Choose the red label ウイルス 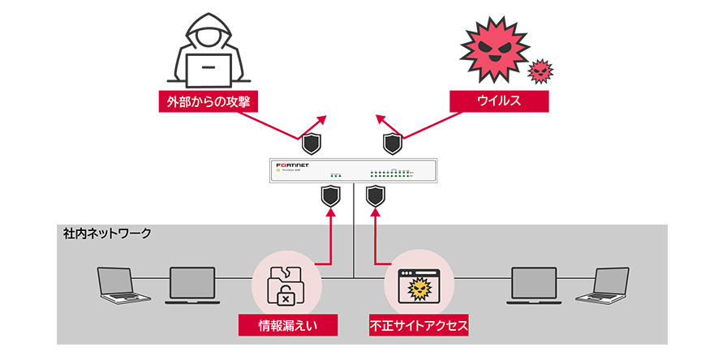pos(499,101)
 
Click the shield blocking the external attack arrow pos(312,144)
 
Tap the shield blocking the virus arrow pos(393,144)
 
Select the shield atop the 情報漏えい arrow pos(329,195)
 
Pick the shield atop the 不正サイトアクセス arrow pos(375,195)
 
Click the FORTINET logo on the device pos(296,165)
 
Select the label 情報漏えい pos(287,326)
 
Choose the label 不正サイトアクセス pos(419,326)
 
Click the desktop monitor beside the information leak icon pos(192,284)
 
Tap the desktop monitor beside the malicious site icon pos(534,284)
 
